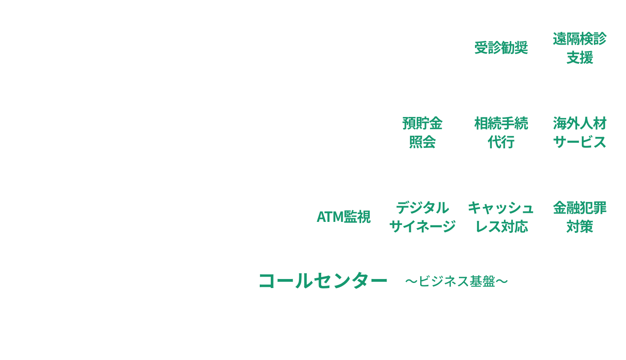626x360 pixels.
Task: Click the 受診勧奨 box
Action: coord(501,47)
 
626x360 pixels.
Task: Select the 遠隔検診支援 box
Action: coord(579,47)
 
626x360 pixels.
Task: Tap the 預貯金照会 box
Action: coord(422,131)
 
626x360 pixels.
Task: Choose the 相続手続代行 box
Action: coord(501,131)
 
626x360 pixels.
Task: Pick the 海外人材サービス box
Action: coord(579,131)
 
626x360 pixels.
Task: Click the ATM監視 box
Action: coord(344,216)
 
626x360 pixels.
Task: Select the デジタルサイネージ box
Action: coord(422,216)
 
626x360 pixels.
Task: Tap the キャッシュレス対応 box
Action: coord(501,216)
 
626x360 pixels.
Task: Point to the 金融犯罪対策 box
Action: coord(579,216)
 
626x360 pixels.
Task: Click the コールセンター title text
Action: coord(323,281)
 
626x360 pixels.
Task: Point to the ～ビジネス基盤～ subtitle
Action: coord(456,281)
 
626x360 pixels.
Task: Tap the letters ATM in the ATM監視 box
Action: coord(329,217)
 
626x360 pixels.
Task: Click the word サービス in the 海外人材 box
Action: coord(579,142)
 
